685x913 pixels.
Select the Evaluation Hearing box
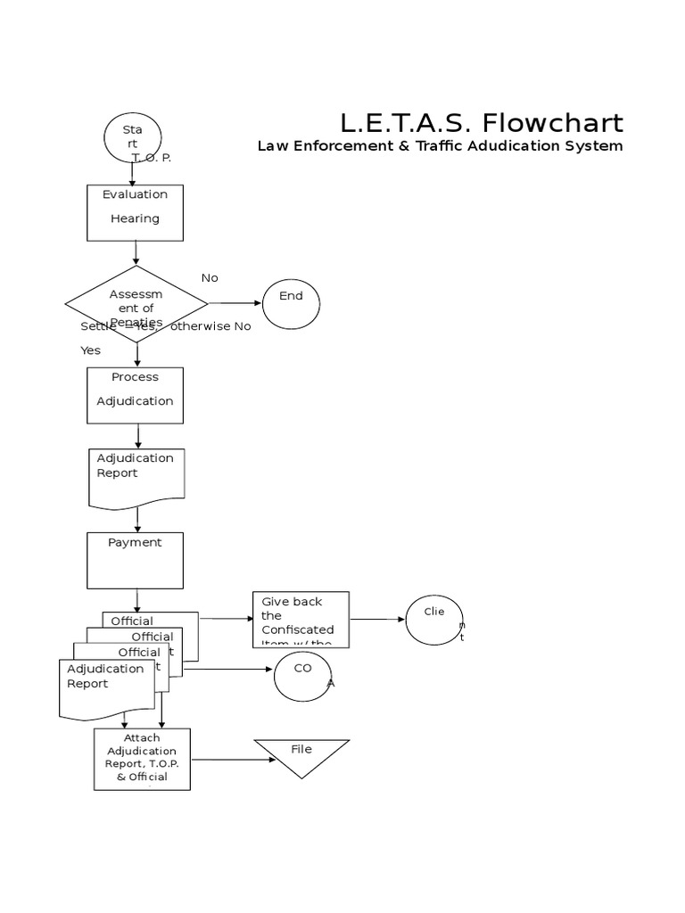coord(136,212)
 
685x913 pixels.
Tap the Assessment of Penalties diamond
coord(136,303)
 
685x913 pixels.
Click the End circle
coord(291,304)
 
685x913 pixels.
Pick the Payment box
coord(136,560)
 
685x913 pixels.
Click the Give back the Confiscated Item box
coord(301,620)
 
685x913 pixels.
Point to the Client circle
coord(434,620)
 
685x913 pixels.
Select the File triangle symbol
coord(301,754)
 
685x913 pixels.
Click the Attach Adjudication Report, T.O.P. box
coord(142,759)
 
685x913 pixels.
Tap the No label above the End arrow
coord(210,277)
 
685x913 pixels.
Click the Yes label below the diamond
coord(91,350)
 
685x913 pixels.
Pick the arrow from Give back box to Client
coord(376,619)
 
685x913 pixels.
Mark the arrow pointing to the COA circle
coord(227,669)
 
